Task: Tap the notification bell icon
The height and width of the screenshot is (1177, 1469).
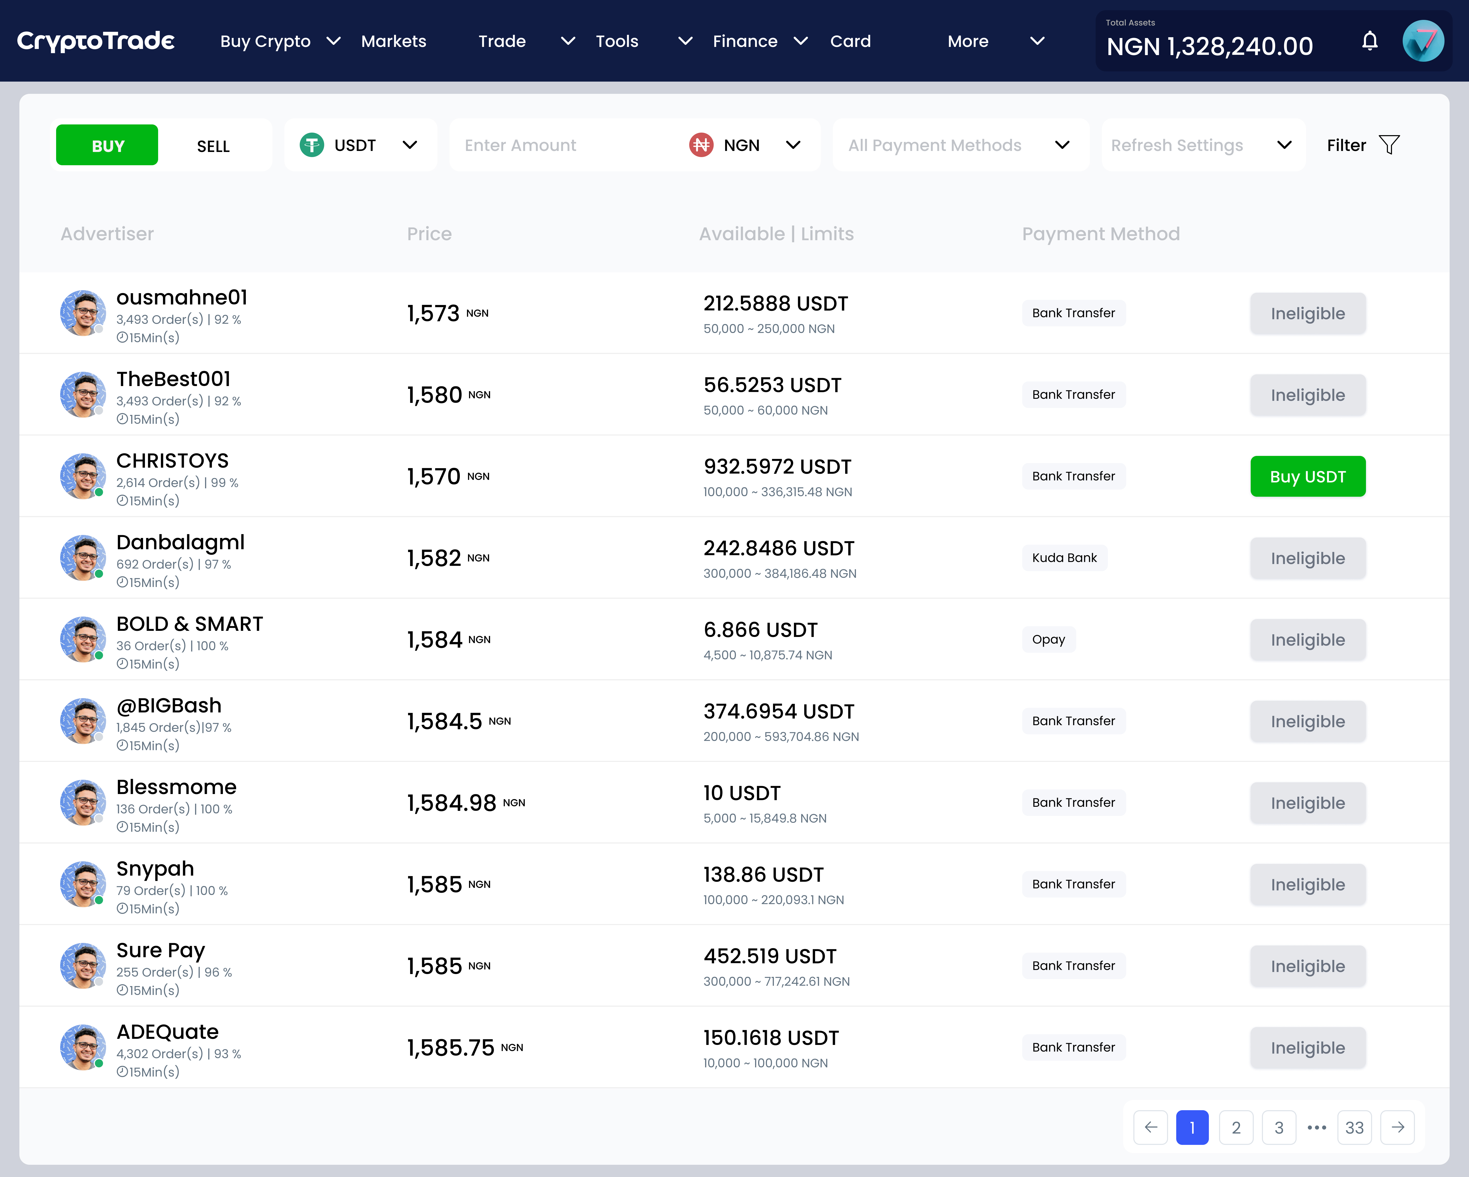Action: click(1370, 42)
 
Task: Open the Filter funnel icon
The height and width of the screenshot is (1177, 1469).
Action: click(1389, 145)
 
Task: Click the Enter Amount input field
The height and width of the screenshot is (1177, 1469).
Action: click(565, 145)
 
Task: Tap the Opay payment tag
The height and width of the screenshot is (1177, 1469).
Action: click(1048, 639)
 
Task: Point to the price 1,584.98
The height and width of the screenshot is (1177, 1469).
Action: click(452, 803)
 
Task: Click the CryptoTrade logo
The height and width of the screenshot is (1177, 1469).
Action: click(95, 42)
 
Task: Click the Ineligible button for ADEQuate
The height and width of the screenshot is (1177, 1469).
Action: click(1308, 1047)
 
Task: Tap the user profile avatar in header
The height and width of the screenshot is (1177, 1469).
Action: click(1423, 42)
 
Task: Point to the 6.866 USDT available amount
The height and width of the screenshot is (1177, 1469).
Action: click(761, 630)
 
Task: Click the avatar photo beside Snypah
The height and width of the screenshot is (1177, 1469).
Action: click(82, 884)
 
